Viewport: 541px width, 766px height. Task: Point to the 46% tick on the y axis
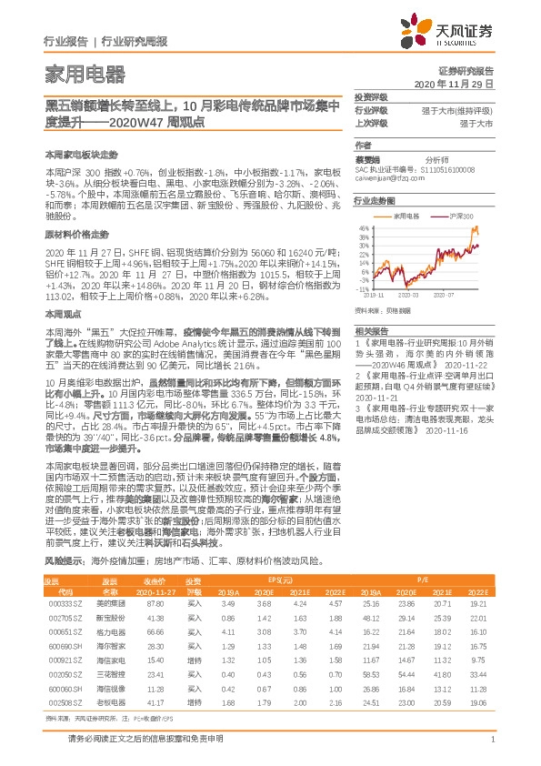[364, 227]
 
